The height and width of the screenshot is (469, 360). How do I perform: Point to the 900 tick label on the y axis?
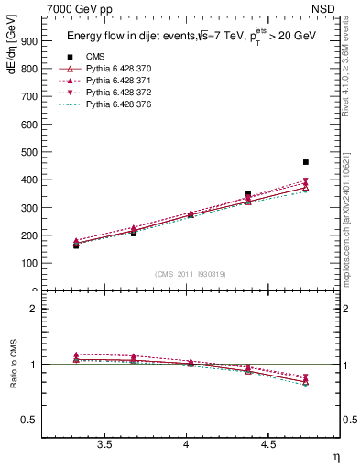pyautogui.click(x=28, y=41)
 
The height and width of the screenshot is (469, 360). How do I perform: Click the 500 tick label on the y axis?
pyautogui.click(x=28, y=152)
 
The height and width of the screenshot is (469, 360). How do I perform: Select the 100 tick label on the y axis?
pyautogui.click(x=28, y=263)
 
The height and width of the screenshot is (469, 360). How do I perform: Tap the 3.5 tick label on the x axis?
pyautogui.click(x=104, y=444)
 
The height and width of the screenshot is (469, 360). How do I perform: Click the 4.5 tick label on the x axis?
pyautogui.click(x=268, y=444)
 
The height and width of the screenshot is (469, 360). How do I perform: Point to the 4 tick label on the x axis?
pyautogui.click(x=187, y=444)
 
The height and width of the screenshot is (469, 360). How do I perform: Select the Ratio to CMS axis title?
pyautogui.click(x=12, y=363)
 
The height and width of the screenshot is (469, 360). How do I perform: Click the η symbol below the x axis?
pyautogui.click(x=335, y=455)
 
